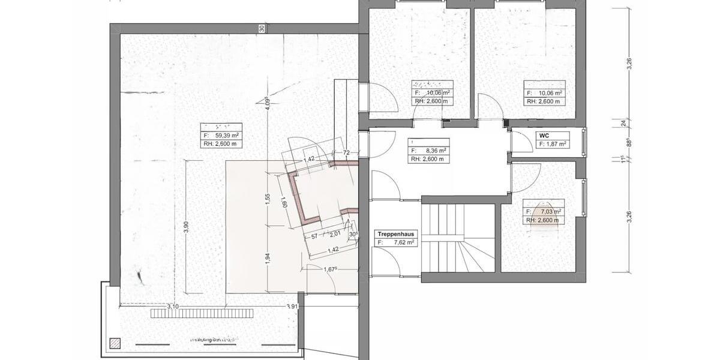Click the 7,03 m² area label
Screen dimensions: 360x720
(551, 211)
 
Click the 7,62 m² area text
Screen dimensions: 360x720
(404, 242)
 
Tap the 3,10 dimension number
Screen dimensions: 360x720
(173, 307)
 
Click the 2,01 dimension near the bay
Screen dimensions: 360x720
(334, 235)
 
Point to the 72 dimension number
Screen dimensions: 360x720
(346, 154)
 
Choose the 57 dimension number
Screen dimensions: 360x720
(314, 235)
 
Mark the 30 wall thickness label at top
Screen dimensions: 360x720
(262, 28)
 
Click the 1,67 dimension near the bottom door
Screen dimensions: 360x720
(329, 268)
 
